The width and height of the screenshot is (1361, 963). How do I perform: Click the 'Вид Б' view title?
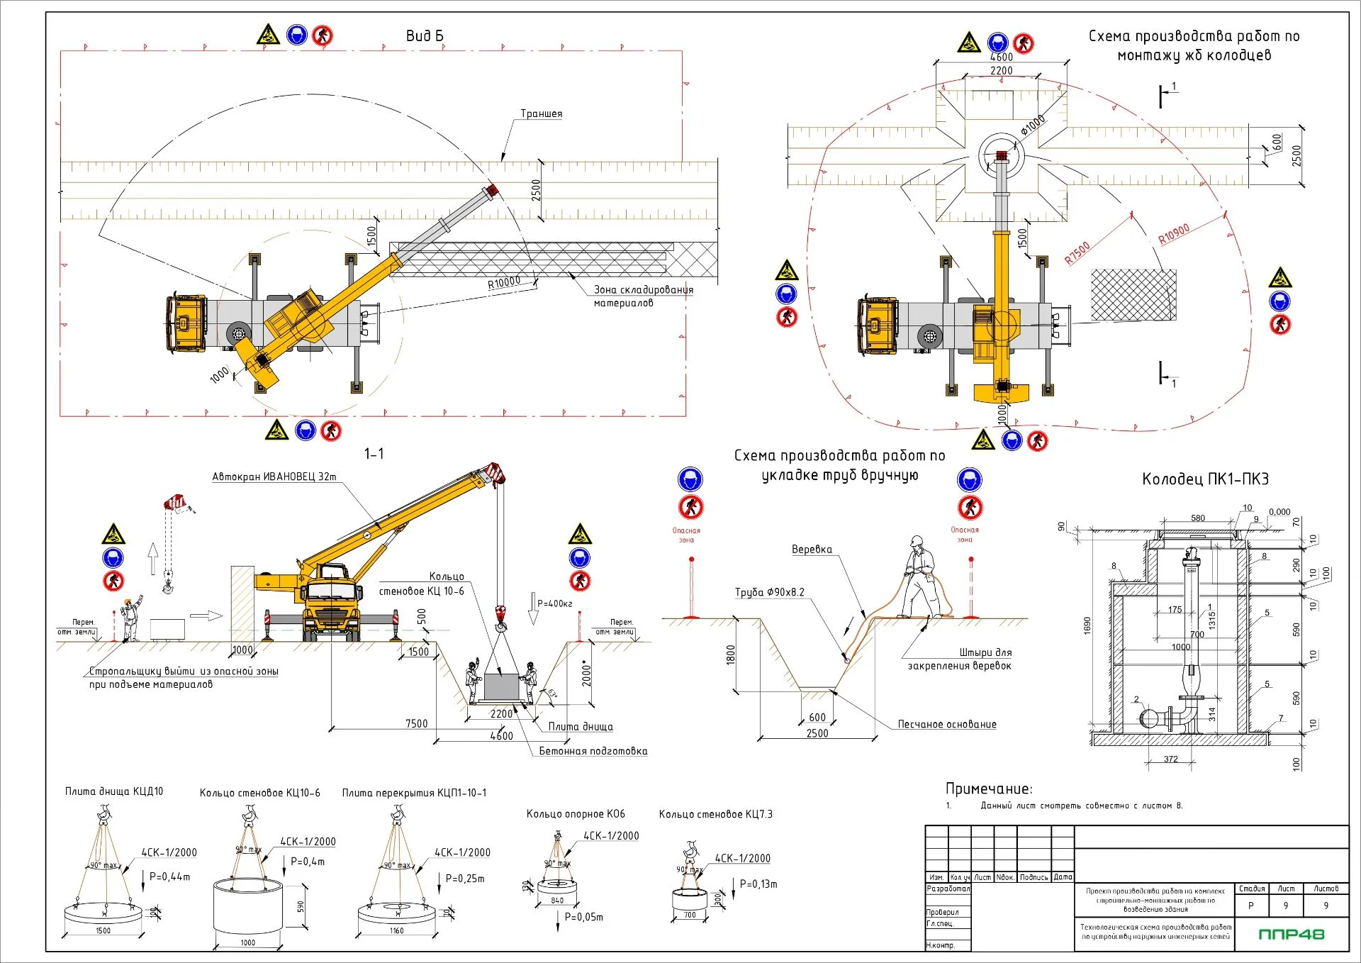point(424,36)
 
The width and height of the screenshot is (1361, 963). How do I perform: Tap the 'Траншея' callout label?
point(541,113)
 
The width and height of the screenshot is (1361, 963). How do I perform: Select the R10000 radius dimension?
point(504,283)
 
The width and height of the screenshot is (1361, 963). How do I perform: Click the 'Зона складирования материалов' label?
point(643,296)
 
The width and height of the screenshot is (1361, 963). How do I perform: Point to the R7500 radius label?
point(1077,253)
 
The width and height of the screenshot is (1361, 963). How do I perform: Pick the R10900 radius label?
point(1174,234)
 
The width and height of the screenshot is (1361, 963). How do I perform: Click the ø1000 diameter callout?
point(1033,126)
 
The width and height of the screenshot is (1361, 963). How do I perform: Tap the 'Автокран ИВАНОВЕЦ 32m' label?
point(274,477)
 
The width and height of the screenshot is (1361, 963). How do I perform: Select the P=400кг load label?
point(554,603)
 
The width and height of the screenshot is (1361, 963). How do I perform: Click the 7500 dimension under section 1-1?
point(416,723)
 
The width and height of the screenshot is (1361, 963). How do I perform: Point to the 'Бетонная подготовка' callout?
point(593,751)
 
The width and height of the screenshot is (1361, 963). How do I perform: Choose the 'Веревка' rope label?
point(812,550)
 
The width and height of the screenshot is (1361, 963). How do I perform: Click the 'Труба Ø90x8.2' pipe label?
point(769,592)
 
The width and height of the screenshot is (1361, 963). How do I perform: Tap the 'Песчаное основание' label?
point(946,724)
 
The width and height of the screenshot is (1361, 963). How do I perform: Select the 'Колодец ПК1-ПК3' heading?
point(1205,479)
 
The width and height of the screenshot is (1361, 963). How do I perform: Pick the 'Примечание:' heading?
point(989,789)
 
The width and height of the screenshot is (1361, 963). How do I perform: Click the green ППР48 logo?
point(1291,934)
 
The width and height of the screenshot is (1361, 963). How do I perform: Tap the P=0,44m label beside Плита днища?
point(169,876)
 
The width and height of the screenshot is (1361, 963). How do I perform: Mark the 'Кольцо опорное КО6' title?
point(576,814)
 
